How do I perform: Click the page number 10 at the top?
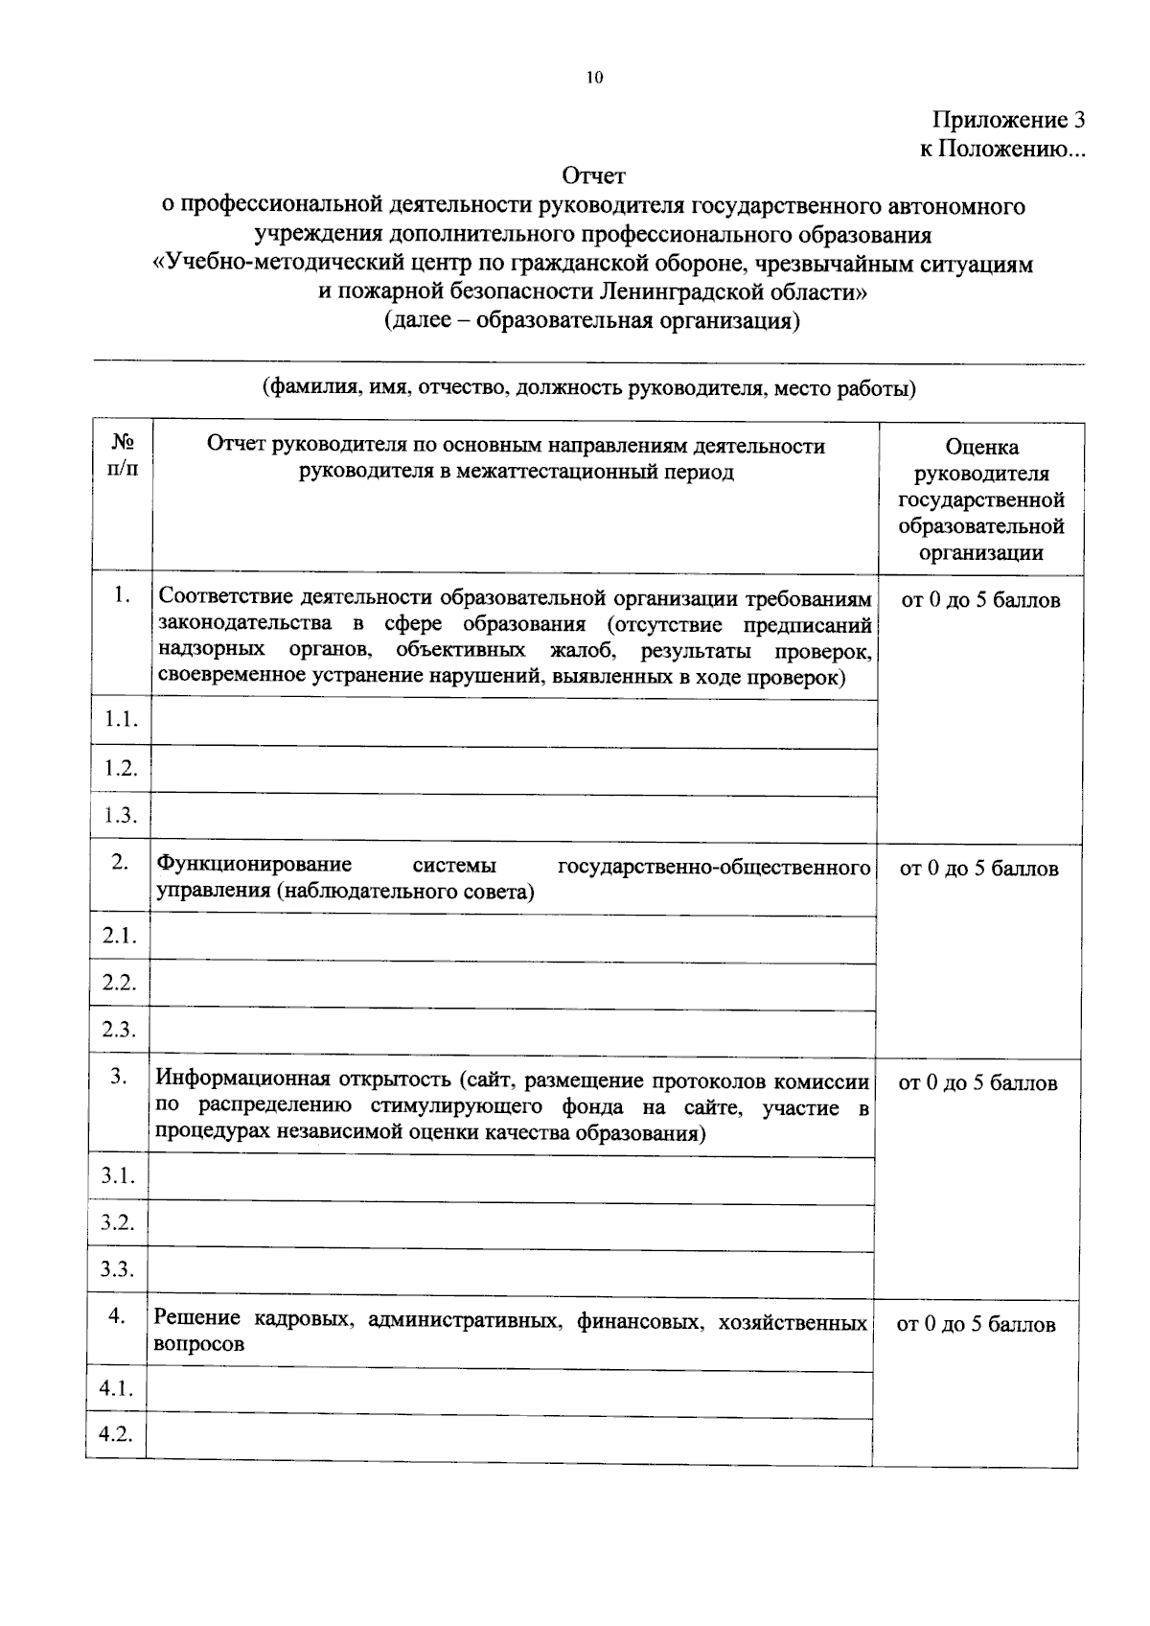[x=594, y=79]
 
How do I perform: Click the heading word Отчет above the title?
[x=593, y=176]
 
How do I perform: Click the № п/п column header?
[x=123, y=457]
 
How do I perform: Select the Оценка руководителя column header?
[x=981, y=499]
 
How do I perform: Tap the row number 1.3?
[x=122, y=816]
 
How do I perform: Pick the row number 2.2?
[x=120, y=983]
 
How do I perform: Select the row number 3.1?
[x=118, y=1176]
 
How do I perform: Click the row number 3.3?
[x=118, y=1270]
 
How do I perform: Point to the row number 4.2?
[x=116, y=1434]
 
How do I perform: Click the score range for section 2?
[x=978, y=870]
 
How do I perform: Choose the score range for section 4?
[x=976, y=1325]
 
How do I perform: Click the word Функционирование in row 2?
[x=254, y=865]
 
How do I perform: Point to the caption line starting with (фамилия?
[x=589, y=389]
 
